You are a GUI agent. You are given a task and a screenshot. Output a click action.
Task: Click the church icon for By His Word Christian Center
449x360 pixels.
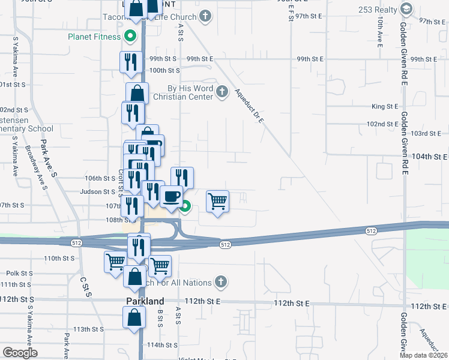[x=223, y=92]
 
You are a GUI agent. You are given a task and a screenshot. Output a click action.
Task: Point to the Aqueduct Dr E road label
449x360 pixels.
[x=249, y=106]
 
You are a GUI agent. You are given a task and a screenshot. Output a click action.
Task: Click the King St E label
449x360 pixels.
[x=385, y=106]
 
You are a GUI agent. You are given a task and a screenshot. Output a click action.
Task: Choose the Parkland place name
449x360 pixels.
[x=145, y=301]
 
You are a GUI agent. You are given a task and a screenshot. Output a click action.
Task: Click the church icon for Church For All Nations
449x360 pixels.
[x=221, y=281]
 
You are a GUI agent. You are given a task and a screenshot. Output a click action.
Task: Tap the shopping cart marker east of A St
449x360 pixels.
[x=217, y=201]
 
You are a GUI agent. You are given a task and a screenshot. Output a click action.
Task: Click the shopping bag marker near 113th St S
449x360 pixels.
[x=134, y=317]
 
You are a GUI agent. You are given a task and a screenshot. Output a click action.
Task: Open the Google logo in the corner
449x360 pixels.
[x=20, y=353]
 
